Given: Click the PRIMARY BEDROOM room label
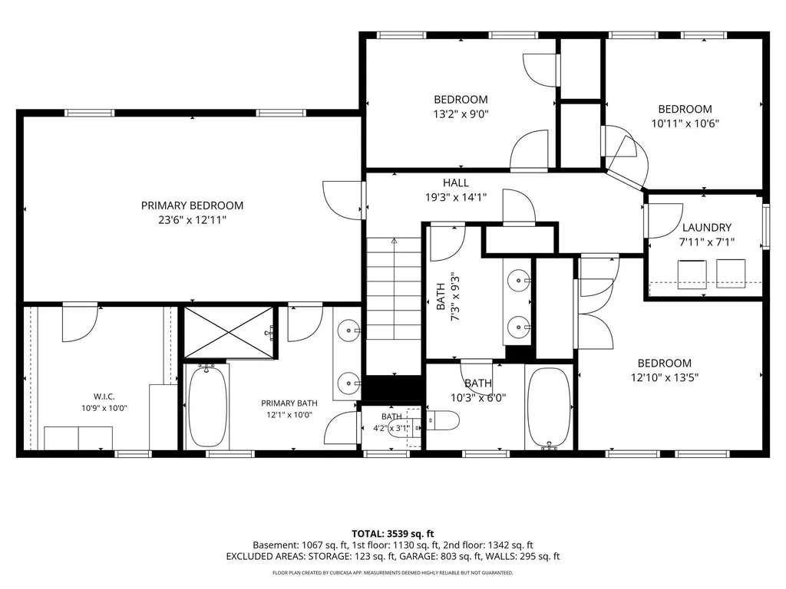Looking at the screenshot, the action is pyautogui.click(x=192, y=206).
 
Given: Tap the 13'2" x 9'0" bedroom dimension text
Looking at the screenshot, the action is pyautogui.click(x=461, y=114).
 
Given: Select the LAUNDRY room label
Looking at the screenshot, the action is pyautogui.click(x=707, y=227).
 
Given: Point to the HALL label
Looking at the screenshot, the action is pyautogui.click(x=456, y=183).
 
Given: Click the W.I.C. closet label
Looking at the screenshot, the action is pyautogui.click(x=104, y=397).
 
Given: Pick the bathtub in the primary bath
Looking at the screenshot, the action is pyautogui.click(x=206, y=406).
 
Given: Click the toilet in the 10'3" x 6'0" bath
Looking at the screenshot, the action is pyautogui.click(x=443, y=421).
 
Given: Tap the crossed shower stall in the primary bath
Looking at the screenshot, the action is pyautogui.click(x=230, y=333).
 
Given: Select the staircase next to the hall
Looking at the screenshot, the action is pyautogui.click(x=394, y=288).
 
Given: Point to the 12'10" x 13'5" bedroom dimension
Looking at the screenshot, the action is pyautogui.click(x=665, y=377).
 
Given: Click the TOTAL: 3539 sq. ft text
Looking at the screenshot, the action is pyautogui.click(x=393, y=534).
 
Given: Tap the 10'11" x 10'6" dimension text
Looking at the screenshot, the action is pyautogui.click(x=685, y=123).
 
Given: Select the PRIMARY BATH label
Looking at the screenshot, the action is pyautogui.click(x=289, y=403).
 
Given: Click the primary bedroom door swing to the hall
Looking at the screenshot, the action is pyautogui.click(x=342, y=199).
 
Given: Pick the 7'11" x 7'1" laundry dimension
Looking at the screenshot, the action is pyautogui.click(x=707, y=242).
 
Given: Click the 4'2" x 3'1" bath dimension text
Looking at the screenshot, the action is pyautogui.click(x=391, y=428).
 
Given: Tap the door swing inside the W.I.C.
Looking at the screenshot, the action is pyautogui.click(x=80, y=323).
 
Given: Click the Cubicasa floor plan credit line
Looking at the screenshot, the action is pyautogui.click(x=393, y=572).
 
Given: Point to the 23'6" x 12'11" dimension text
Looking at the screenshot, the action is pyautogui.click(x=193, y=220).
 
